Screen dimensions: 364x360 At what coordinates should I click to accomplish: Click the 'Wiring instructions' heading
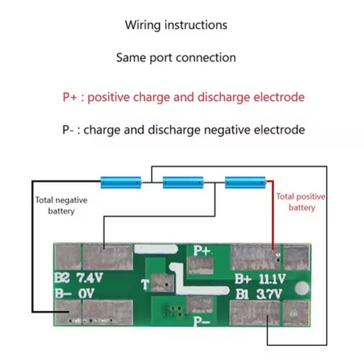pyautogui.click(x=176, y=25)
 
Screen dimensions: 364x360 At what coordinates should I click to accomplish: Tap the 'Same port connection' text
pyautogui.click(x=176, y=58)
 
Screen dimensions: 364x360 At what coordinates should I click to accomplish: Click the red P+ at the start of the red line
pyautogui.click(x=70, y=97)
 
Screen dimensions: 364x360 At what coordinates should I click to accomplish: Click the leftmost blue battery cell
pyautogui.click(x=121, y=182)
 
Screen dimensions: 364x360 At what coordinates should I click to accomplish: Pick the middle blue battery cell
pyautogui.click(x=183, y=182)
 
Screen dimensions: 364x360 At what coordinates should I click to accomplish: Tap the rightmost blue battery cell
pyautogui.click(x=245, y=182)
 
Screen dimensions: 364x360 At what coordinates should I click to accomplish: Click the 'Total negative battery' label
pyautogui.click(x=61, y=205)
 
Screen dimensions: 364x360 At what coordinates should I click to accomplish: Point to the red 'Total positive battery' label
pyautogui.click(x=301, y=202)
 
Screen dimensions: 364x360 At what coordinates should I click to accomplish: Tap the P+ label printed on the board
pyautogui.click(x=202, y=251)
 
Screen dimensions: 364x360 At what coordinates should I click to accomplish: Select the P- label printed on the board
pyautogui.click(x=201, y=322)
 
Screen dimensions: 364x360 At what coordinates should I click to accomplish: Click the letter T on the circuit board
pyautogui.click(x=145, y=284)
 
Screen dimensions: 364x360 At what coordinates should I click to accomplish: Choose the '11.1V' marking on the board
pyautogui.click(x=272, y=279)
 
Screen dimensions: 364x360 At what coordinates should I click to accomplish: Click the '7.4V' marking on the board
pyautogui.click(x=90, y=278)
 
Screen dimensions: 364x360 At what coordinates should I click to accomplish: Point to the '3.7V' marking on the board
pyautogui.click(x=269, y=294)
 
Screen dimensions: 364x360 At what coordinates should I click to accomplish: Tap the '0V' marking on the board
pyautogui.click(x=87, y=293)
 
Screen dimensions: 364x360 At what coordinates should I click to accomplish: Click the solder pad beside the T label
pyautogui.click(x=162, y=283)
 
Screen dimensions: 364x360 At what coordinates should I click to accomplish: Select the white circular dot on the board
pyautogui.click(x=302, y=288)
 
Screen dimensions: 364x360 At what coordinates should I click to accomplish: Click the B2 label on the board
pyautogui.click(x=62, y=278)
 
